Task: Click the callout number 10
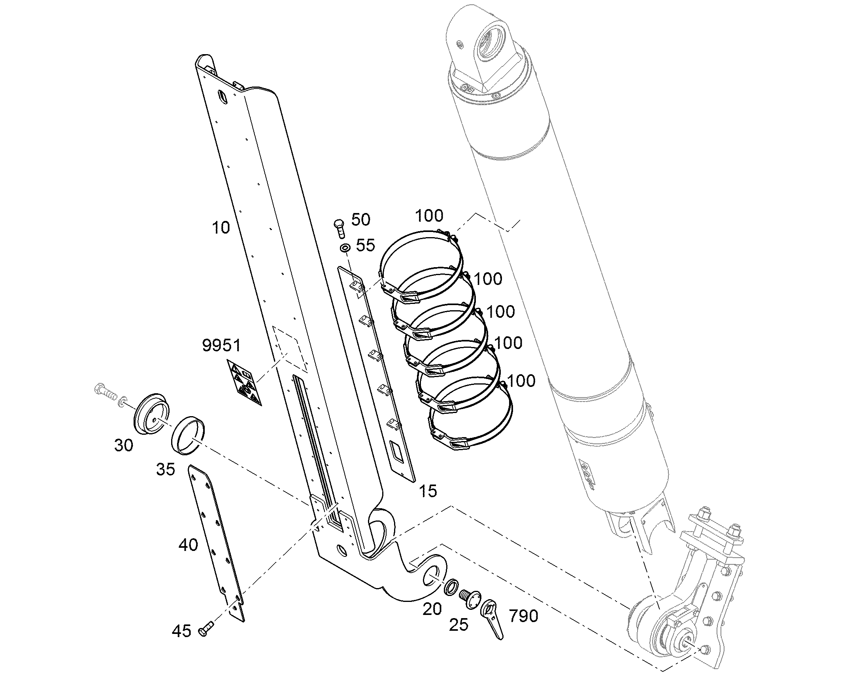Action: coord(221,228)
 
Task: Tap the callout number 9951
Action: coord(221,346)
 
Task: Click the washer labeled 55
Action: coord(345,248)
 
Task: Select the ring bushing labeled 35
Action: coord(188,435)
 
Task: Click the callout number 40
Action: coord(188,545)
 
